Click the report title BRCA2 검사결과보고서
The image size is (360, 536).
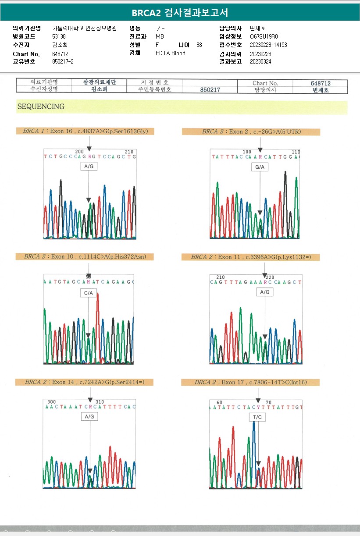[x=180, y=12]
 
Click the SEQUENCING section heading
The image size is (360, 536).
[x=41, y=106]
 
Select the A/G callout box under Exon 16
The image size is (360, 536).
[x=89, y=167]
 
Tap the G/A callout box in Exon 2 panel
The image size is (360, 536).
[x=260, y=167]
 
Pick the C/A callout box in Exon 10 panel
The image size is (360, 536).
[x=89, y=293]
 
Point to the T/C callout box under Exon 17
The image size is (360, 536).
[x=257, y=417]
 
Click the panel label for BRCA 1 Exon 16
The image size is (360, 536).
[x=86, y=131]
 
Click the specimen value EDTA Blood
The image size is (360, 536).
[x=171, y=53]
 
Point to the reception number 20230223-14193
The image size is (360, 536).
[x=268, y=45]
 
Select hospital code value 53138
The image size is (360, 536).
[x=59, y=36]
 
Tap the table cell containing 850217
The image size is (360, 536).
[x=210, y=89]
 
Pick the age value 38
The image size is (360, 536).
[x=200, y=45]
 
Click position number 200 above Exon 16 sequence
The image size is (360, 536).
[x=79, y=151]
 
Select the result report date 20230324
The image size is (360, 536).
[x=260, y=61]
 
